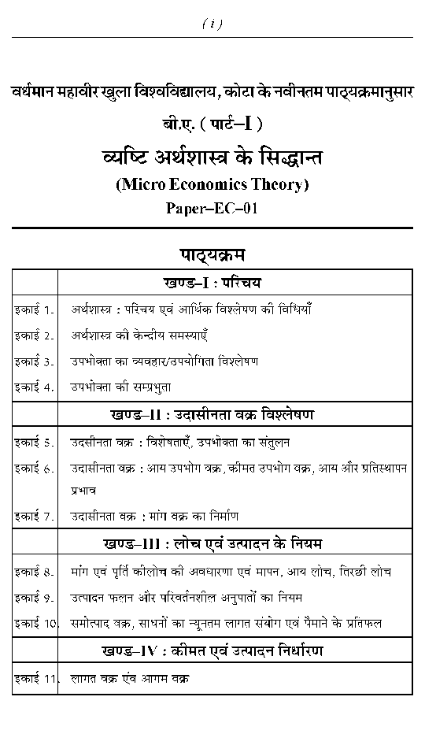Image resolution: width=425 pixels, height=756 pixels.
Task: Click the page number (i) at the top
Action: click(213, 24)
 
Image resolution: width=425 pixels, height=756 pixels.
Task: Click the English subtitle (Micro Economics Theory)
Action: click(213, 185)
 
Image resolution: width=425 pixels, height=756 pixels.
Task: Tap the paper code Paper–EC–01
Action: click(213, 208)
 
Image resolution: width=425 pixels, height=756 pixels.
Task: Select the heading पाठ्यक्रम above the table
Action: click(213, 254)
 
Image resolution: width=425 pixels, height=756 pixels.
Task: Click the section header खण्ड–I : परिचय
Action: click(213, 282)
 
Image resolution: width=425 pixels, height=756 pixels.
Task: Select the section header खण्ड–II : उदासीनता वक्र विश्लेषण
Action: click(213, 414)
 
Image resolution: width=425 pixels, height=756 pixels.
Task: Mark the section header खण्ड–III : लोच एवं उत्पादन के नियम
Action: click(213, 544)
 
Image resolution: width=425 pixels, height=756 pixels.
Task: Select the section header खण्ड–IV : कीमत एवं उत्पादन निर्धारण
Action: click(213, 651)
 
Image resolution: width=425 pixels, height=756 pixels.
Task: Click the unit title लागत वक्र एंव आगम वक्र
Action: click(130, 678)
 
